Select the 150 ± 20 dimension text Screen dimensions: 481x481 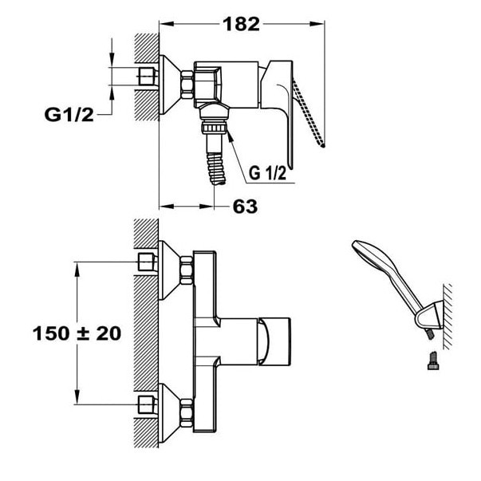[x=77, y=333]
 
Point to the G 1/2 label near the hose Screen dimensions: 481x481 [x=267, y=172]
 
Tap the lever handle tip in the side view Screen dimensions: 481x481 [x=322, y=144]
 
